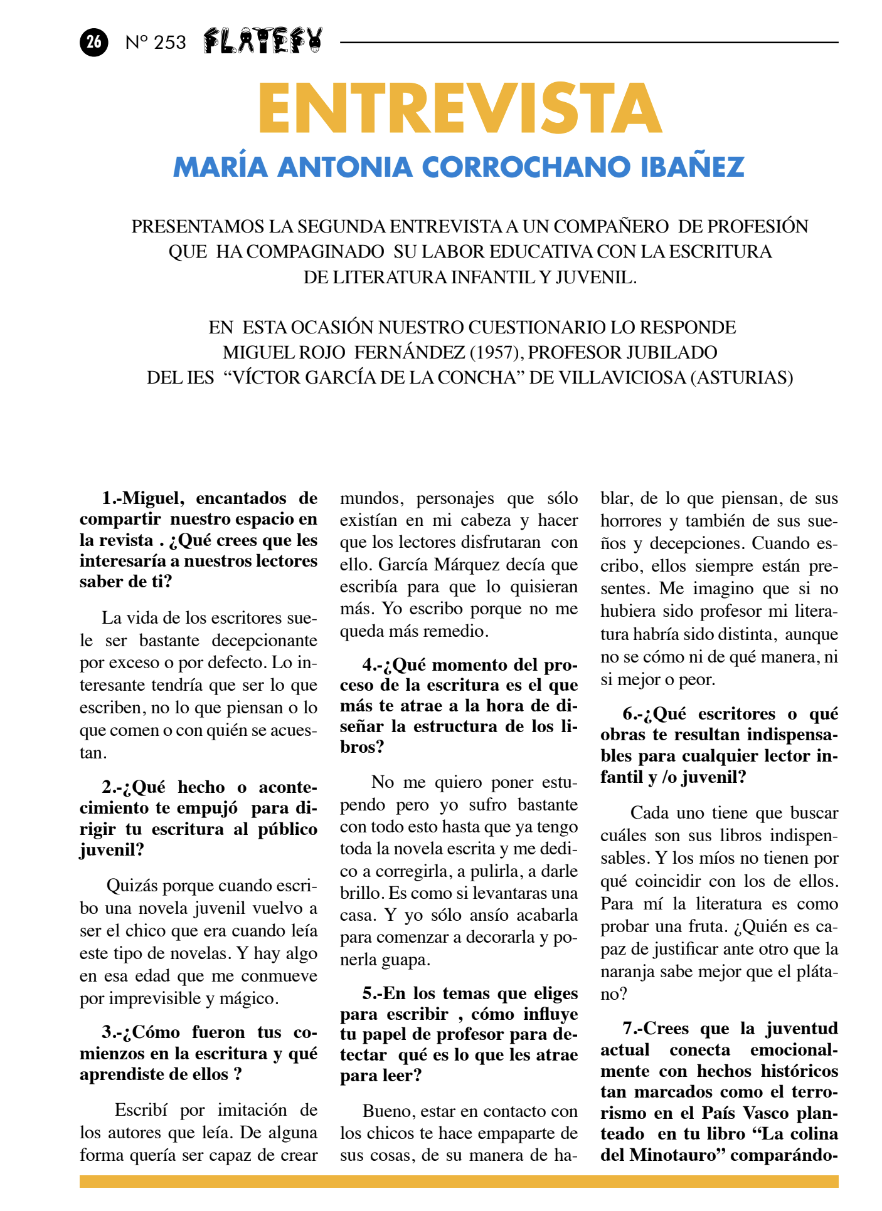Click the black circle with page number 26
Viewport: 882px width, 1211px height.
(93, 42)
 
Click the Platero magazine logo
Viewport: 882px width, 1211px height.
(263, 41)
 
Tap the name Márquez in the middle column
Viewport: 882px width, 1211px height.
(465, 565)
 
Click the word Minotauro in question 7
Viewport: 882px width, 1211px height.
(673, 1154)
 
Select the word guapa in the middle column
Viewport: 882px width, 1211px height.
(409, 960)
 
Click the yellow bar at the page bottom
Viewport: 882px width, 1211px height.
(459, 1182)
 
